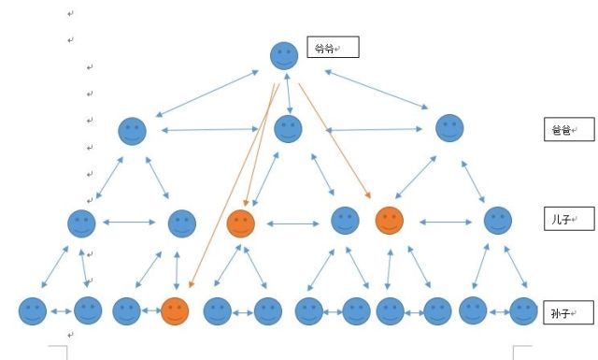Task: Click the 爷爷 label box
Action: [x=333, y=47]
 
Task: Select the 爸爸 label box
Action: [x=569, y=129]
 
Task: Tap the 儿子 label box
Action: [x=569, y=219]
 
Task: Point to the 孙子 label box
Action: [x=569, y=312]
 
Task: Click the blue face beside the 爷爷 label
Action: [x=284, y=56]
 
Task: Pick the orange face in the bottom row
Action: [x=175, y=311]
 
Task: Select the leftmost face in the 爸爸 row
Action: [x=133, y=131]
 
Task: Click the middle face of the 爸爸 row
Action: [x=289, y=129]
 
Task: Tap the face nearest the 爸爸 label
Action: [x=449, y=128]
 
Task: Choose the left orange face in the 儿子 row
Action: [x=241, y=223]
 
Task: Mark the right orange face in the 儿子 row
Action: [x=390, y=221]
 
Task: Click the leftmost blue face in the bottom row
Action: [x=33, y=311]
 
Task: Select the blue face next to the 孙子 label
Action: [x=523, y=311]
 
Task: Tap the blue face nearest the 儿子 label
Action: [x=498, y=221]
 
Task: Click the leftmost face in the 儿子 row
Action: [x=81, y=223]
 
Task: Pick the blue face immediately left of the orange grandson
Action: [x=127, y=311]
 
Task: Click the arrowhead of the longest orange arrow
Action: [x=191, y=285]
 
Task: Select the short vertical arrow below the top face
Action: [x=289, y=94]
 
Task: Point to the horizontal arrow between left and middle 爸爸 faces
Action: [x=210, y=130]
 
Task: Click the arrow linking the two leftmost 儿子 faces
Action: [x=129, y=223]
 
